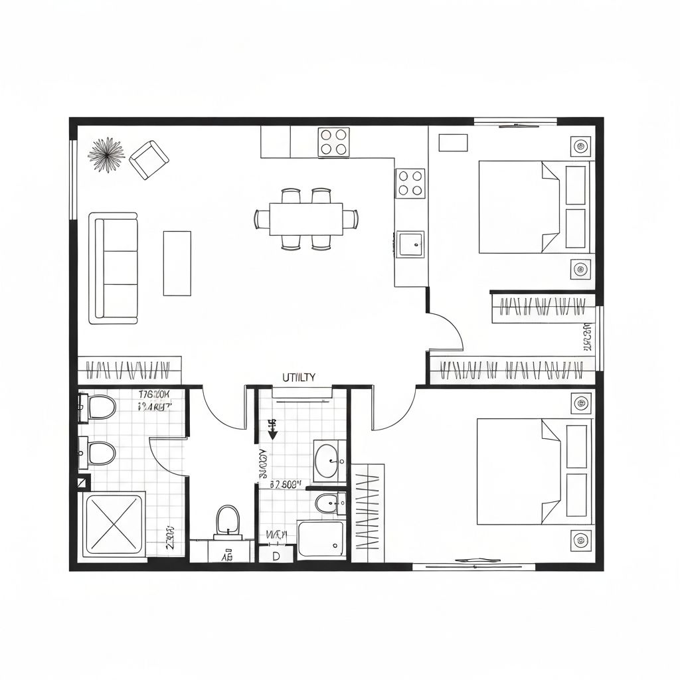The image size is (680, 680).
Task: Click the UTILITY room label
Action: [299, 377]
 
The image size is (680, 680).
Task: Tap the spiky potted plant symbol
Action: [106, 155]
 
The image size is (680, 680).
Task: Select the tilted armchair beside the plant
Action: [149, 159]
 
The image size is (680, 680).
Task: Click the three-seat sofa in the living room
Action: [114, 268]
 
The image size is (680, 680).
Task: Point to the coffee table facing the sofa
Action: [177, 263]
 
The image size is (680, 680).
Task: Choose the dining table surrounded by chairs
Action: [306, 218]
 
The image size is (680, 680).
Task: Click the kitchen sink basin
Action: [410, 244]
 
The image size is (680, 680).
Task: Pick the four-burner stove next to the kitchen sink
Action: [410, 183]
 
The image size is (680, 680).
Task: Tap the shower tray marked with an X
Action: [114, 524]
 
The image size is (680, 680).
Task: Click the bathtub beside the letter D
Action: [321, 539]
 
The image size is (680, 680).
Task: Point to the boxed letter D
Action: [276, 556]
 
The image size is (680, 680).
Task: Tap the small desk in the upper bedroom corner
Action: [454, 143]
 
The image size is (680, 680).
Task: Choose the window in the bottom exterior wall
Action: [473, 566]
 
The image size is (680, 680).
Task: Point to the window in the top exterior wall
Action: [515, 122]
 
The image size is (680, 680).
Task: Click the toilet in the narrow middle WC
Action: [227, 521]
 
